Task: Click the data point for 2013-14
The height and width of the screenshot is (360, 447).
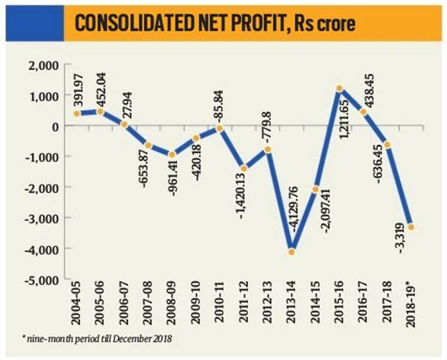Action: point(291,252)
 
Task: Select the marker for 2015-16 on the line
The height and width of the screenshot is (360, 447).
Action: point(340,89)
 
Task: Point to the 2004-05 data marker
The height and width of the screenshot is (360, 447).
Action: point(76,114)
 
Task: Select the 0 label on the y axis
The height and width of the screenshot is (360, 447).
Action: point(54,126)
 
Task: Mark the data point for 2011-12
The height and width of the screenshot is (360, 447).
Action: point(243,169)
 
